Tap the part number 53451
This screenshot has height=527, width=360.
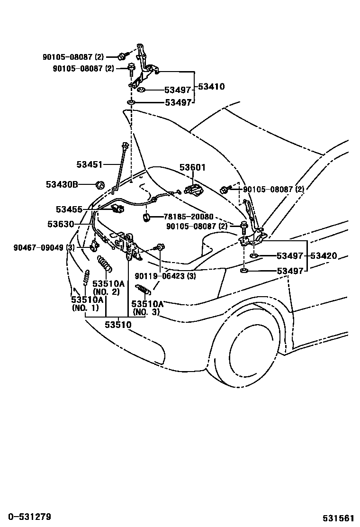pos(89,164)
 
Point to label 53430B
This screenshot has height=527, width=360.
pos(62,184)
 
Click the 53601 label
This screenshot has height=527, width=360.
pos(192,167)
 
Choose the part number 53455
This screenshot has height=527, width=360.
pos(69,209)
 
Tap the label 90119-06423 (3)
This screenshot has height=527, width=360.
pos(165,276)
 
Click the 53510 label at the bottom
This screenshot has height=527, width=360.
pos(118,325)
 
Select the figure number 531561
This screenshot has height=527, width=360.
pos(339,518)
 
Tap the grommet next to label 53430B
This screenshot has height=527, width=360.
pos(99,184)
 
